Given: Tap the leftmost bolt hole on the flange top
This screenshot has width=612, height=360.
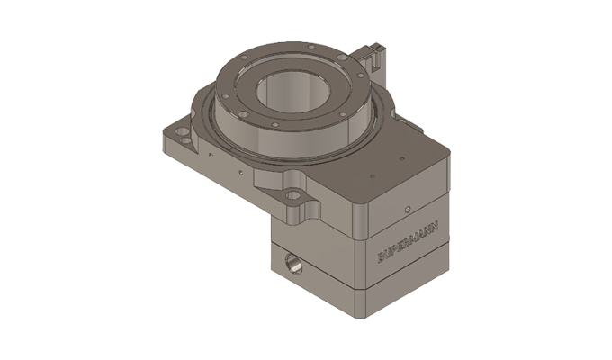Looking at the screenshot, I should tap(221, 90).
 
